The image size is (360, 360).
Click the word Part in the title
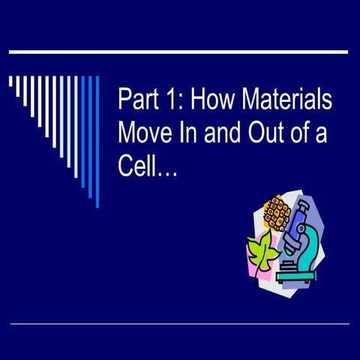click(138, 100)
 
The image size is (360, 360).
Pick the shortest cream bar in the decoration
click(10, 81)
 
